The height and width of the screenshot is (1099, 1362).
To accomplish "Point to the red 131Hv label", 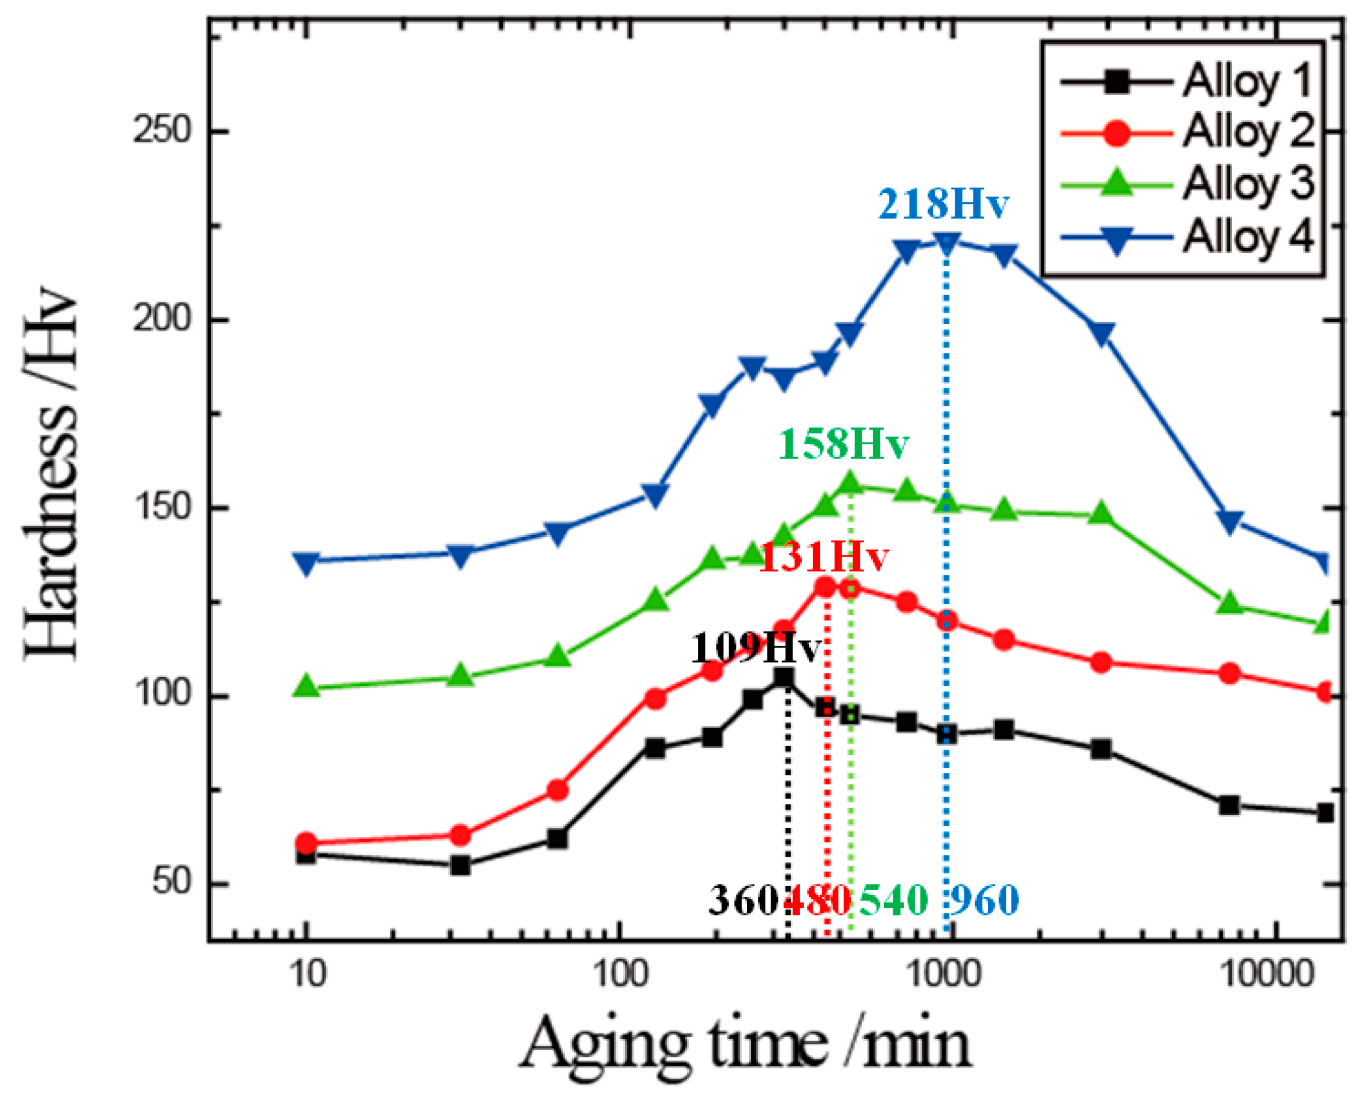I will point(823,557).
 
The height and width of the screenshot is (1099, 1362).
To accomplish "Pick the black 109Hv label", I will point(755,647).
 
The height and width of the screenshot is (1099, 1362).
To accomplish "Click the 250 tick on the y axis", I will point(162,132).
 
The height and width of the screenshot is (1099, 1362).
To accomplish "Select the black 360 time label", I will point(743,899).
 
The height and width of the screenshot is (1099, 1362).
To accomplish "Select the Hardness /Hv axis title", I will point(52,475).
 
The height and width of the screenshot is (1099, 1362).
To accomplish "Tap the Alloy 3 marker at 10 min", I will point(306,687).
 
